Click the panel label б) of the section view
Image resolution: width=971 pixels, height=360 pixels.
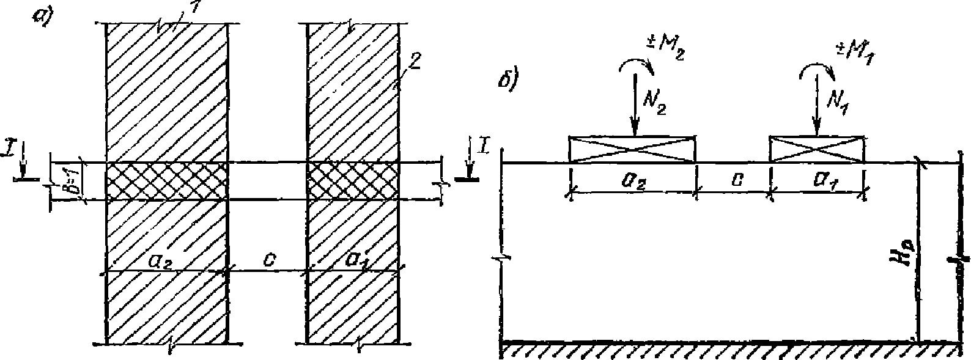coord(509,79)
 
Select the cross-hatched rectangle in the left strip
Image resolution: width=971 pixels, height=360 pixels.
coord(167,181)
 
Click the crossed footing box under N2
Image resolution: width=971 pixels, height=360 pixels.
coord(632,149)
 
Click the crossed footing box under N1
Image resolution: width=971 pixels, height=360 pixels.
coord(816,149)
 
